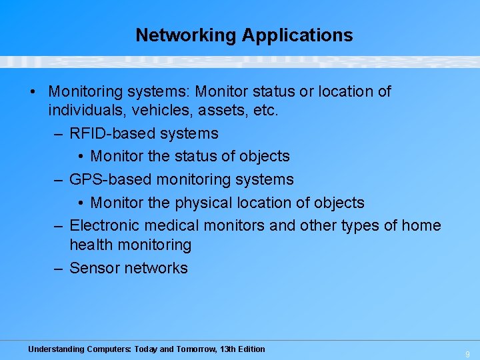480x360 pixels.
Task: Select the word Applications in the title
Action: (x=297, y=35)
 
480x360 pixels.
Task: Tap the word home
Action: (x=421, y=225)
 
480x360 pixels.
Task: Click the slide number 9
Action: (x=468, y=355)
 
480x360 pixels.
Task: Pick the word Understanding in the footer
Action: (x=56, y=349)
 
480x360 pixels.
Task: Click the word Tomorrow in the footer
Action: (x=195, y=349)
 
